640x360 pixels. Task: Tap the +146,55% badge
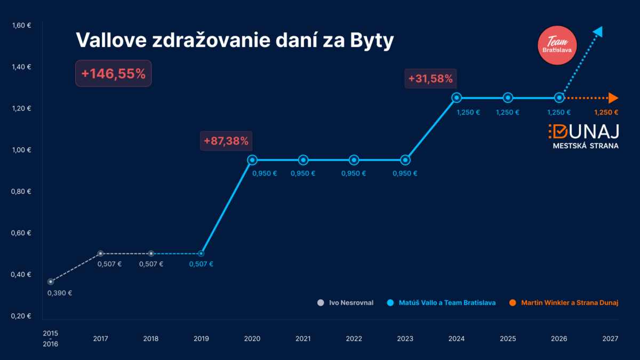click(x=113, y=74)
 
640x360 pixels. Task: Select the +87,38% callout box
click(x=226, y=141)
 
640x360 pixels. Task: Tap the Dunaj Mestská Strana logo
click(x=583, y=137)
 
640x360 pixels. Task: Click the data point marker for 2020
click(x=252, y=159)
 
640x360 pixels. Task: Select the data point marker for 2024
click(x=457, y=98)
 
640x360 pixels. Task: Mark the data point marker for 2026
click(x=559, y=98)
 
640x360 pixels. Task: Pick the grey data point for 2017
click(x=100, y=253)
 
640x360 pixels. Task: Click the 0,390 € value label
click(x=60, y=293)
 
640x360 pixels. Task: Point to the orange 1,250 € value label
click(x=605, y=113)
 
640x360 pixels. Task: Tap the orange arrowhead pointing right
click(x=613, y=98)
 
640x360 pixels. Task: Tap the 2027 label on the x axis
click(x=610, y=339)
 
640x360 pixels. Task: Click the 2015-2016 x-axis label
click(x=51, y=339)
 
